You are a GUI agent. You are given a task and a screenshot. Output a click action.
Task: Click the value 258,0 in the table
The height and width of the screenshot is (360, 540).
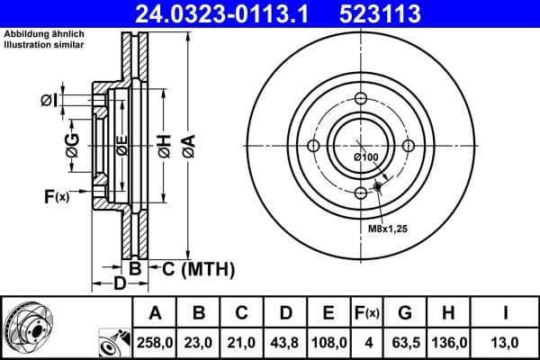tap(154, 342)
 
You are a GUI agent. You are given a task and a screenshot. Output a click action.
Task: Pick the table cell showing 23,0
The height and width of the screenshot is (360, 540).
tap(198, 342)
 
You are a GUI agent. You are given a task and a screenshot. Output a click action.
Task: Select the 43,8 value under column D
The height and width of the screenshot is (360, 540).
tap(285, 342)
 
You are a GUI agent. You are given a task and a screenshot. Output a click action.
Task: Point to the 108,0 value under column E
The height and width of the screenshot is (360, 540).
tap(329, 342)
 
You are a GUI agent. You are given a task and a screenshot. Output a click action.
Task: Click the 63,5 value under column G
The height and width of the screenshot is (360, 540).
tap(406, 342)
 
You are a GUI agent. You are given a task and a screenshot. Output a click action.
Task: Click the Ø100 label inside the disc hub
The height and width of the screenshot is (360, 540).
tap(365, 158)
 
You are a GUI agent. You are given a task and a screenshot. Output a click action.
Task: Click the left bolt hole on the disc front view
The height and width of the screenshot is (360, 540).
tap(312, 147)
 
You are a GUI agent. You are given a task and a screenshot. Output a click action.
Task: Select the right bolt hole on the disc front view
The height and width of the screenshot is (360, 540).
tap(408, 147)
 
